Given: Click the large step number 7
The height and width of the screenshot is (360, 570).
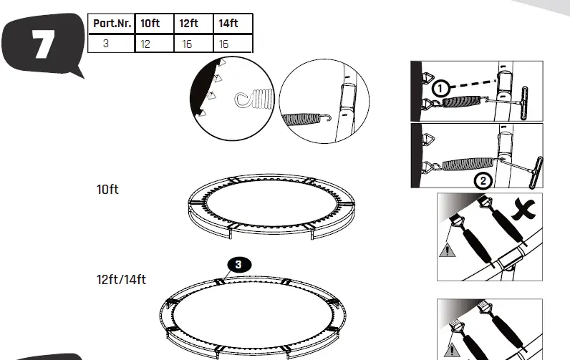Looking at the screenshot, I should coord(42,45).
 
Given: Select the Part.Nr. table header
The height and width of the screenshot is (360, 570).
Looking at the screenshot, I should coord(111,24).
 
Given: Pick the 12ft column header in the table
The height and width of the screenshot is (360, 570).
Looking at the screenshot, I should coord(189,24).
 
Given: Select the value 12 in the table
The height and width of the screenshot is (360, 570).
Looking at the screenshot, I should coord(146,44).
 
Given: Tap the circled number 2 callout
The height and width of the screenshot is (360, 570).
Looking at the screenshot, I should coord(483,180).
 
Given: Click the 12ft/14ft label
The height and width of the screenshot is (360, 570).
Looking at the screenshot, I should coord(121,279).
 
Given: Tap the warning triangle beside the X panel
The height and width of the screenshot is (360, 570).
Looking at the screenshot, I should coord(447,250).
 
